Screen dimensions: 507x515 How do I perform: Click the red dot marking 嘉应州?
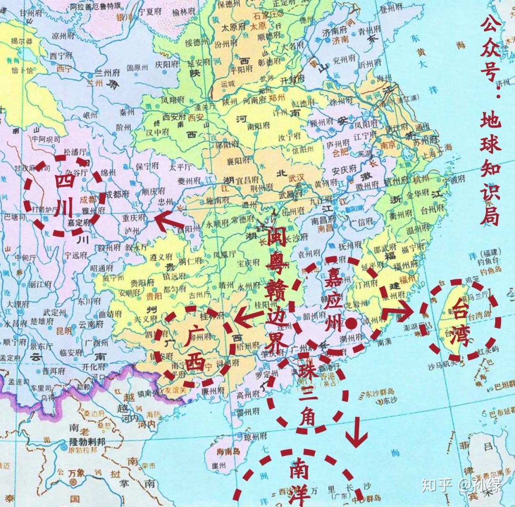click(x=351, y=324)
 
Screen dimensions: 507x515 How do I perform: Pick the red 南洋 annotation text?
click(x=298, y=482)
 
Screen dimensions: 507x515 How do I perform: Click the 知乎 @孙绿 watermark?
click(x=460, y=486)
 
